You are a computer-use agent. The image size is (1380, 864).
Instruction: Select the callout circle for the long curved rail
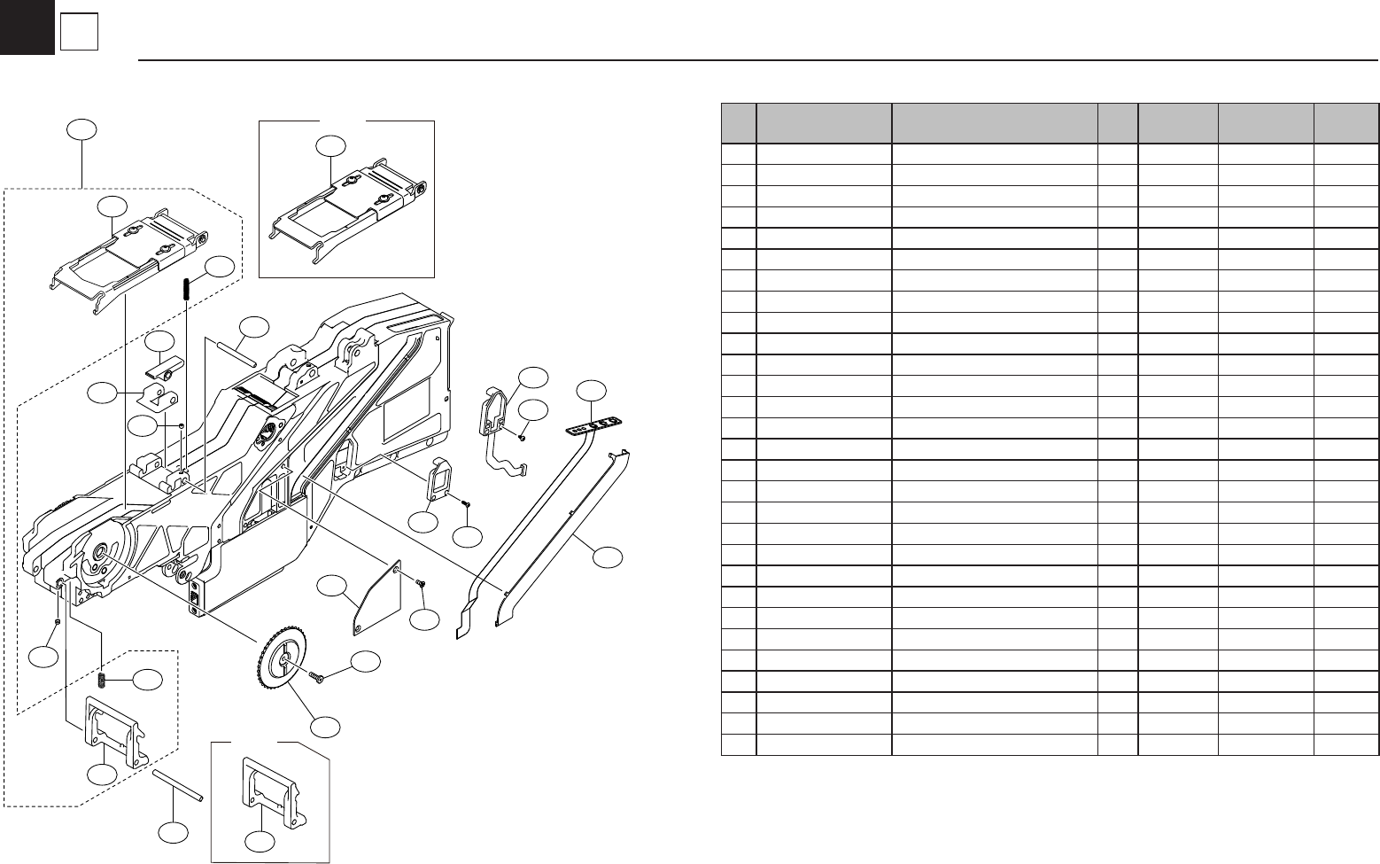coord(608,557)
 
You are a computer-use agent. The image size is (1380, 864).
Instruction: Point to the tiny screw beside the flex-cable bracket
coord(523,436)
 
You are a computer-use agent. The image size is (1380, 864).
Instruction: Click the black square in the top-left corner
coord(27,27)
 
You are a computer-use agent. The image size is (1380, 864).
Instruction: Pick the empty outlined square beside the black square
coord(79,34)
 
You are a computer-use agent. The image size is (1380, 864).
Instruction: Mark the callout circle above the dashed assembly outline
coord(81,130)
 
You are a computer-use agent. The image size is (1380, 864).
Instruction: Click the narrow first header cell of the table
coord(739,123)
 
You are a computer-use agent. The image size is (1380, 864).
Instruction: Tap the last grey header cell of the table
coord(1346,123)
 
